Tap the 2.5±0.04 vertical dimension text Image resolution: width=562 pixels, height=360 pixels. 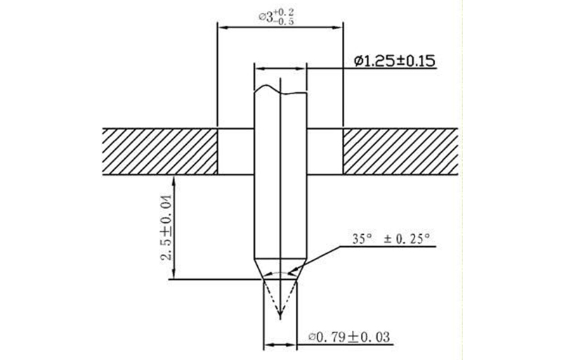click(167, 227)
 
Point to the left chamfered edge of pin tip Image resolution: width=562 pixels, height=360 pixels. click(259, 269)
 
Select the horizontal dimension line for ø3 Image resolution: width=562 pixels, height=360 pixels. click(280, 27)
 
